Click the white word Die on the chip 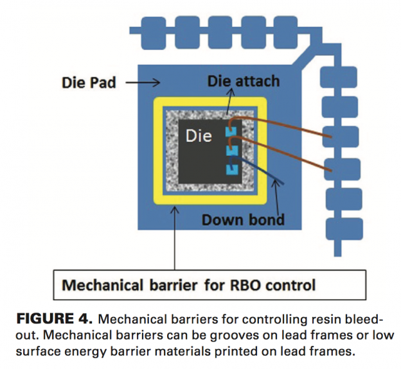(x=199, y=136)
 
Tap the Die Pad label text (x=89, y=82)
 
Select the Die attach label (x=243, y=81)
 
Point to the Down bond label (x=243, y=220)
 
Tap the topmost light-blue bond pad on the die (x=231, y=133)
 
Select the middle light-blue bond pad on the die (x=231, y=151)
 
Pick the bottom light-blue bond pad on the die (x=231, y=169)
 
